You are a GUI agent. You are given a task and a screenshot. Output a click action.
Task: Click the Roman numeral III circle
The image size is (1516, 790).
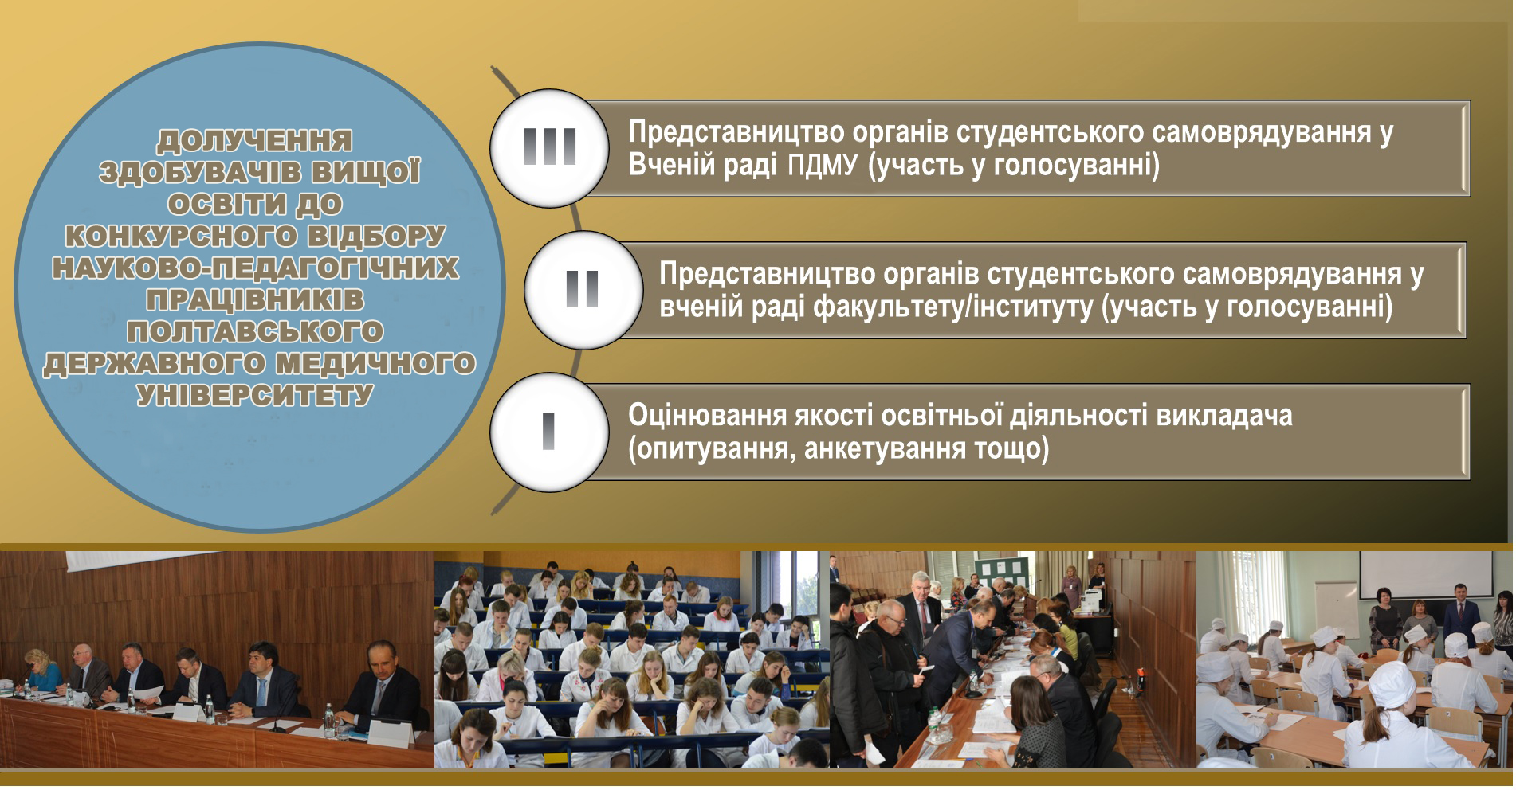(549, 149)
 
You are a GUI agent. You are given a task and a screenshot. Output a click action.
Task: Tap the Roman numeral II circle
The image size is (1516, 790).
(583, 290)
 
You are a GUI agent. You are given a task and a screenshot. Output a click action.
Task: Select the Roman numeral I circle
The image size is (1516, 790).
(549, 432)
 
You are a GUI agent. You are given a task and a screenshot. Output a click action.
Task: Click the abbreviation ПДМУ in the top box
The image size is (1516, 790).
(822, 166)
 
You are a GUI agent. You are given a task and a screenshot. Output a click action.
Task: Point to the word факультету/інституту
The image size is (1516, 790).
(952, 307)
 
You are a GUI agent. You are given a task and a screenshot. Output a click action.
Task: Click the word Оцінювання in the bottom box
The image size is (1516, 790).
(707, 417)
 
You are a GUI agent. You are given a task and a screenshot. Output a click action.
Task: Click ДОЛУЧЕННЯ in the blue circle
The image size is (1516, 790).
(254, 141)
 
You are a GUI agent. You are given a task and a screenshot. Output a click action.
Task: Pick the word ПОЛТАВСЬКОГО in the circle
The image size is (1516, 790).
(255, 332)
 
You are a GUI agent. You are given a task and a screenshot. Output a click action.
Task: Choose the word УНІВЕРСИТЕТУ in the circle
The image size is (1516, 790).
(255, 396)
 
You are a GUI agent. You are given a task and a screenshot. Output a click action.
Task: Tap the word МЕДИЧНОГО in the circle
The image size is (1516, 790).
(375, 364)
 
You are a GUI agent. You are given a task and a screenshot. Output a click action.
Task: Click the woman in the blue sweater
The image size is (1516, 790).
(43, 674)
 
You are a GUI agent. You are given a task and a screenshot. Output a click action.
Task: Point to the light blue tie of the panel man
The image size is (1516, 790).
(261, 694)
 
